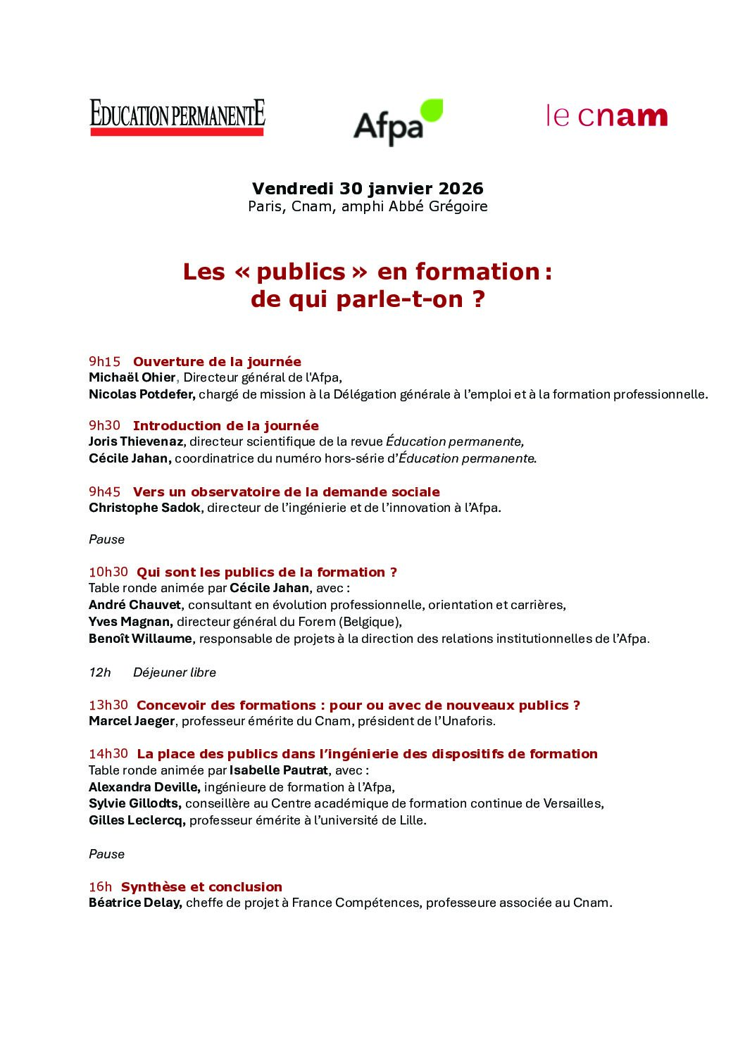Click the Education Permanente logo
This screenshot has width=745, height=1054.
pyautogui.click(x=177, y=117)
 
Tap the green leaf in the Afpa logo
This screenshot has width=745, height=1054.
pyautogui.click(x=431, y=112)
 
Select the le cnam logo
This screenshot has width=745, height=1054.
pyautogui.click(x=606, y=116)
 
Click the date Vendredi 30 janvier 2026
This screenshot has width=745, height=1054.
pyautogui.click(x=368, y=189)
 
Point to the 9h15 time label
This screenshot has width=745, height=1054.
pyautogui.click(x=105, y=362)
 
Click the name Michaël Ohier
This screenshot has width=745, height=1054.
pyautogui.click(x=132, y=377)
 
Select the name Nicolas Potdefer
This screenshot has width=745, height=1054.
pyautogui.click(x=142, y=394)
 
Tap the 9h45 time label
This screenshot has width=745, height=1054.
pyautogui.click(x=105, y=492)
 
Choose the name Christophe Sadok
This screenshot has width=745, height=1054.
pyautogui.click(x=144, y=508)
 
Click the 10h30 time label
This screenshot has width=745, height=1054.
pyautogui.click(x=108, y=572)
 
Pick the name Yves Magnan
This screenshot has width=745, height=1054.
pyautogui.click(x=130, y=622)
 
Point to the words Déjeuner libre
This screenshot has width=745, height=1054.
pyautogui.click(x=175, y=672)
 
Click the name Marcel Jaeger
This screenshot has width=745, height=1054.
pyautogui.click(x=132, y=721)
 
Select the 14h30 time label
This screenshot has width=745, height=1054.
pyautogui.click(x=108, y=754)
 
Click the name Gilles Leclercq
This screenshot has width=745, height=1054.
pyautogui.click(x=137, y=820)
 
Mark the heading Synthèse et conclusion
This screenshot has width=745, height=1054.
pyautogui.click(x=201, y=887)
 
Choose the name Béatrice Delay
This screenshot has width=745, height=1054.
pyautogui.click(x=135, y=903)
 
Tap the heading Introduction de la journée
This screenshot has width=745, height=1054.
pyautogui.click(x=225, y=426)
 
